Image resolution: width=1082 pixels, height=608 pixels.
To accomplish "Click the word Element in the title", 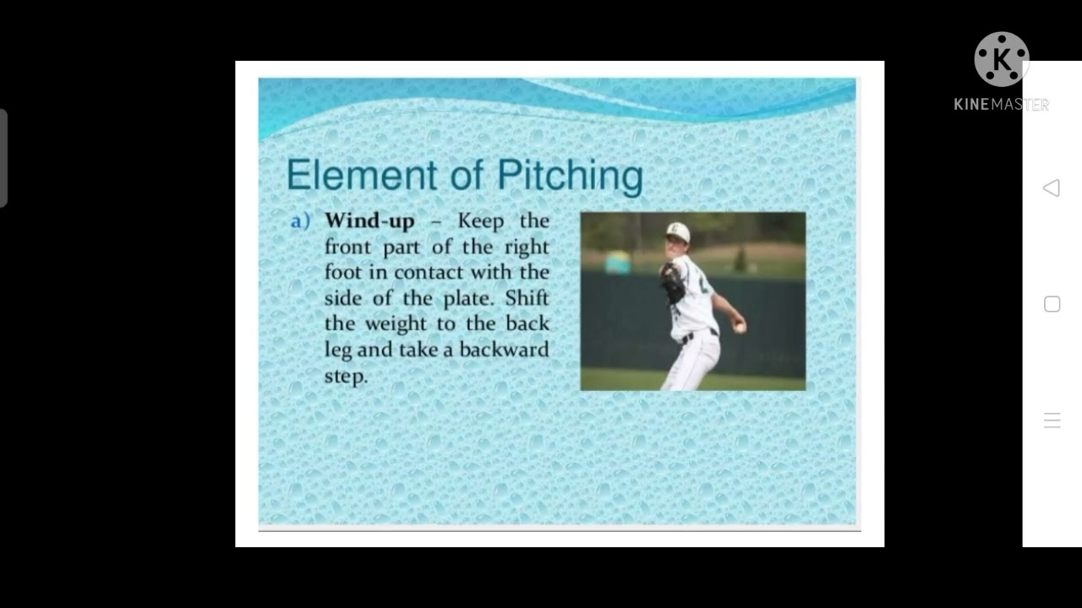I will pos(349,176).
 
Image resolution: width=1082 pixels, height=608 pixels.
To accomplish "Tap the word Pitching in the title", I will pos(570,176).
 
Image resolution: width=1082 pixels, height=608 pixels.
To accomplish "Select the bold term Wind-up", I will pos(369,221).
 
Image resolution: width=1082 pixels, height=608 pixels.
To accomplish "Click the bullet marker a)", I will pos(300,221).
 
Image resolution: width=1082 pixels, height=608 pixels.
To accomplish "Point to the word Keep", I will pos(480,221).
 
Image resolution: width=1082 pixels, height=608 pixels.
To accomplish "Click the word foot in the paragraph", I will pos(343,273).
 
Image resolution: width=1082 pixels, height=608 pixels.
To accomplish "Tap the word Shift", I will pos(527,298).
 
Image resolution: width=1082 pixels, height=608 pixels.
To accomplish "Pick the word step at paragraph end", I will pos(345,376).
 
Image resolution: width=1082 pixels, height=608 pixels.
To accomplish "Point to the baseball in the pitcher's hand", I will pos(740,327).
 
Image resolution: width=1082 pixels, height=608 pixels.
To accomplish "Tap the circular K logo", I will pos(1002,59).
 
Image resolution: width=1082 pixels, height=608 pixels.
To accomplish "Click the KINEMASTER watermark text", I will pos(1001,105).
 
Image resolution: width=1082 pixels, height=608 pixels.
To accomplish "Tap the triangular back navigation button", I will pos(1052,187).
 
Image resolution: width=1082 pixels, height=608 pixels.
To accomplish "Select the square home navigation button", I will pos(1052,304).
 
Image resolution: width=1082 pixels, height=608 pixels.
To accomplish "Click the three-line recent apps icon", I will pos(1052,421).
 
